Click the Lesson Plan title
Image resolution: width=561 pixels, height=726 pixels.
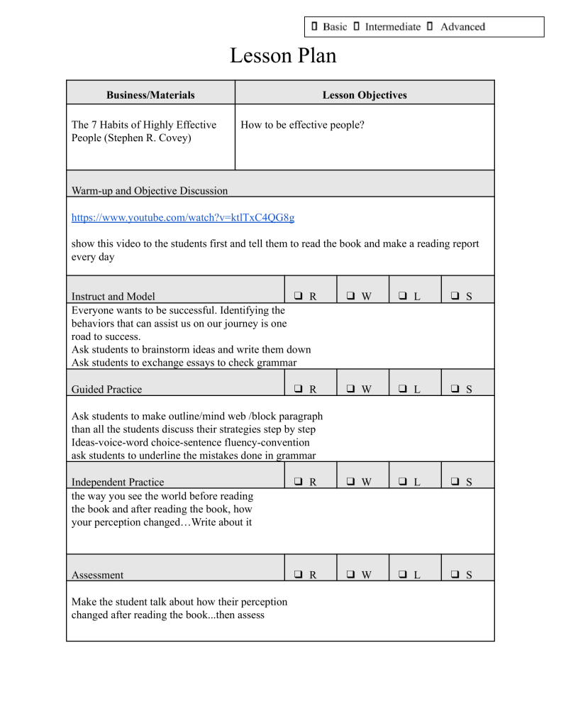(282, 56)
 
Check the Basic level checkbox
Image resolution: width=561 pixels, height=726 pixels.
(314, 27)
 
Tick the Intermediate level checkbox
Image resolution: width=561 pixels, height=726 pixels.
(356, 27)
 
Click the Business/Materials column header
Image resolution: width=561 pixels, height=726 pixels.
(150, 94)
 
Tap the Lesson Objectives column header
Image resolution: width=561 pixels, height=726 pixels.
(365, 94)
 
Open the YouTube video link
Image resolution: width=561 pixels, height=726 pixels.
(183, 217)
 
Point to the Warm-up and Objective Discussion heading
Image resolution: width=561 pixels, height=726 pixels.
(150, 190)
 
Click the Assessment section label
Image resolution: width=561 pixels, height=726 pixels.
(97, 575)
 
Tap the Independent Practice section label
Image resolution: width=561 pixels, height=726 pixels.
(117, 482)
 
